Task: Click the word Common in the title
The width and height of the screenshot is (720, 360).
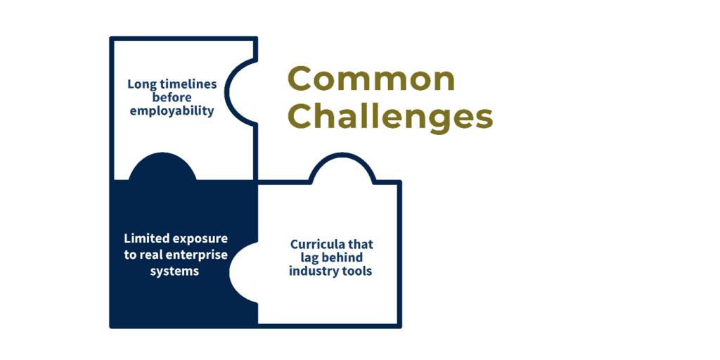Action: pos(371,79)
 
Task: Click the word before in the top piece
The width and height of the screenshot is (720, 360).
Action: pos(172,98)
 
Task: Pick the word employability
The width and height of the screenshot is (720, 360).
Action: pos(172,112)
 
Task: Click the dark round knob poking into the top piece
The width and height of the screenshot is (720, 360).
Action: pos(162,166)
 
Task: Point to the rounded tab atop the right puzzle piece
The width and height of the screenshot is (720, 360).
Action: pos(342,168)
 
